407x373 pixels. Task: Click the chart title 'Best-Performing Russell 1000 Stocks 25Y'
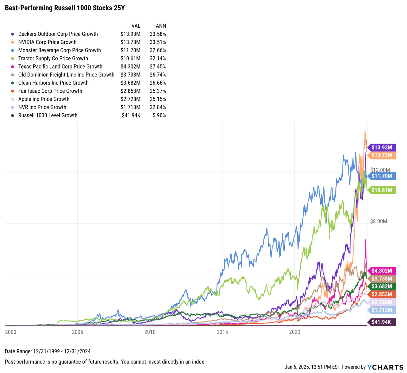coord(65,8)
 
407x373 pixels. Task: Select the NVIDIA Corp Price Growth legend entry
coord(47,42)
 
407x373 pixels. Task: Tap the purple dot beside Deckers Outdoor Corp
coord(12,34)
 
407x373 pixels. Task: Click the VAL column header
coord(136,26)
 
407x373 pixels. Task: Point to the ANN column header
coord(161,26)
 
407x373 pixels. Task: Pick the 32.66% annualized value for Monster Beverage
coord(158,50)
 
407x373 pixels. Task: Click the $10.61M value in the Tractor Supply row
coord(130,59)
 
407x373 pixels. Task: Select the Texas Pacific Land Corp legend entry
coord(60,67)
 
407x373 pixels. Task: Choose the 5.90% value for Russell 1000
coord(159,115)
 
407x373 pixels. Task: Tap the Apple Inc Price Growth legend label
coord(44,99)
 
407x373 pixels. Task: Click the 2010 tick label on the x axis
coord(150,332)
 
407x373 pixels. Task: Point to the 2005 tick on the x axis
coord(78,332)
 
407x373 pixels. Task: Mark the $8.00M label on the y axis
coord(378,221)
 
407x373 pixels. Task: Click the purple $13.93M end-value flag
coord(382,147)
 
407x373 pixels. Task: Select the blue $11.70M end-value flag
coord(382,176)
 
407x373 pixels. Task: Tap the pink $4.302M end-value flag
coord(382,271)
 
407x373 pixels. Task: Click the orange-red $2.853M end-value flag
coord(382,294)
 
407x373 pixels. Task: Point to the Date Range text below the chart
coord(48,352)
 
